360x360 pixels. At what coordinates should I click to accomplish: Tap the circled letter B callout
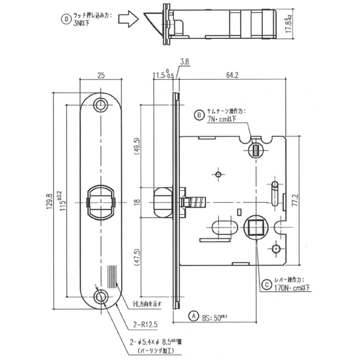pyautogui.click(x=199, y=116)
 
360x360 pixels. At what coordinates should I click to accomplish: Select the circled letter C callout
pyautogui.click(x=266, y=285)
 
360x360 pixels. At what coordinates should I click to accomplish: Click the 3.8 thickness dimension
pyautogui.click(x=184, y=62)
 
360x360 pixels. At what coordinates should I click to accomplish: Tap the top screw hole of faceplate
pyautogui.click(x=100, y=105)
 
